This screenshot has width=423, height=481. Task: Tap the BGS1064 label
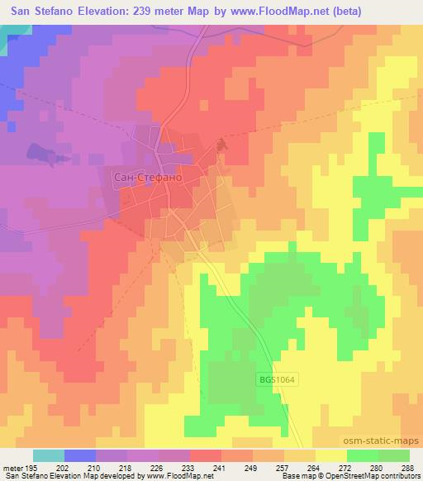(x=275, y=379)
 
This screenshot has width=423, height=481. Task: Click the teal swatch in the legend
(x=49, y=456)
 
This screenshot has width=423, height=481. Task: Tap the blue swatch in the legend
(x=80, y=456)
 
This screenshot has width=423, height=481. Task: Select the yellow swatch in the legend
(x=331, y=456)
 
